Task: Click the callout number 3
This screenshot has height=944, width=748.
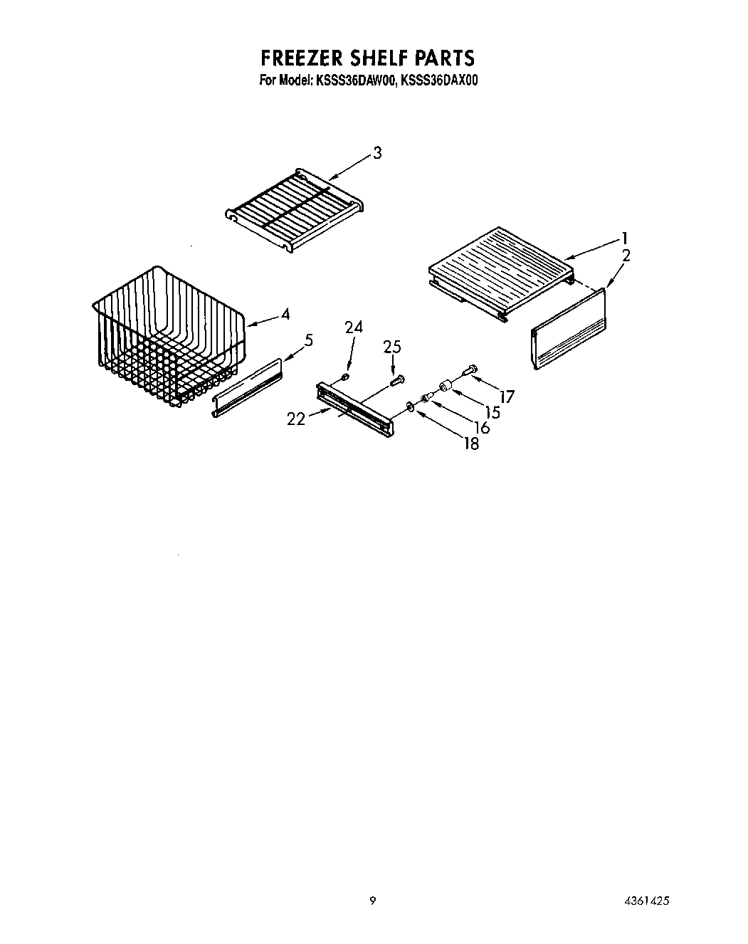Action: [377, 152]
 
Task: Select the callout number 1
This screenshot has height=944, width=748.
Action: [623, 238]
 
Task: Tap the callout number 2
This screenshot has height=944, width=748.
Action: [626, 256]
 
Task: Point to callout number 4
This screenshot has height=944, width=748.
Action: [285, 313]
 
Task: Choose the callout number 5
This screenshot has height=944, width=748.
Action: [308, 340]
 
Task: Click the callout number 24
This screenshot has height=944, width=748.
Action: [354, 327]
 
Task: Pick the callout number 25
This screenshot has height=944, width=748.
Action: [392, 347]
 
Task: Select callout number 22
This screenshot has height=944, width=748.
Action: [296, 419]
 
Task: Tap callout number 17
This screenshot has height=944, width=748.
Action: [507, 397]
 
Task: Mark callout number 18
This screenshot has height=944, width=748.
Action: [470, 443]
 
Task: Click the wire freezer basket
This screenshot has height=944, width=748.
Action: [167, 335]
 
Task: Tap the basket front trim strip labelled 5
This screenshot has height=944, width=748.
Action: [247, 388]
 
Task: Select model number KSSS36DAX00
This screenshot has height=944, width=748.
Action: [439, 81]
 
